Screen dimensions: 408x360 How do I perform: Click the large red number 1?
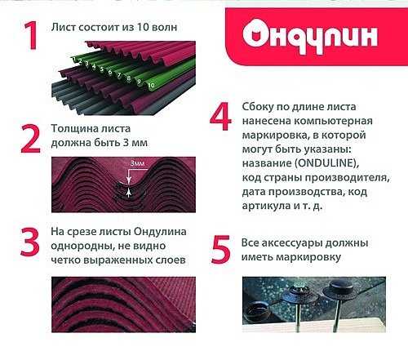pos(31,35)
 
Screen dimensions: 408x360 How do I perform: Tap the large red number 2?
pos(30,139)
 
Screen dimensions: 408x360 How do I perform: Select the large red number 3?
pos(30,242)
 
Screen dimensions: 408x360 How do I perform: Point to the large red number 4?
pos(220,116)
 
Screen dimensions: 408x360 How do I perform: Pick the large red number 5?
pos(221,250)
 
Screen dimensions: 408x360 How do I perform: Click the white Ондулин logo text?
pos(310,37)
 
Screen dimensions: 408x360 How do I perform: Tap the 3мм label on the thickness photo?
pos(137,163)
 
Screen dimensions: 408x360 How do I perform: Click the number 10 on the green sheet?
pos(151,85)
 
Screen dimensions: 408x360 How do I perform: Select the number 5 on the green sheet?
pos(102,69)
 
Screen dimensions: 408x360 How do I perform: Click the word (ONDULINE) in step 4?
pos(326,163)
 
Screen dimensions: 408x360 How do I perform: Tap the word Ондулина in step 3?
pos(160,232)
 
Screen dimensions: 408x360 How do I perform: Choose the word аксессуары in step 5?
pos(290,242)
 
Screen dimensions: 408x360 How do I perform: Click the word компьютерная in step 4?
pos(334,121)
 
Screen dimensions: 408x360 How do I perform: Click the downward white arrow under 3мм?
pos(129,177)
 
